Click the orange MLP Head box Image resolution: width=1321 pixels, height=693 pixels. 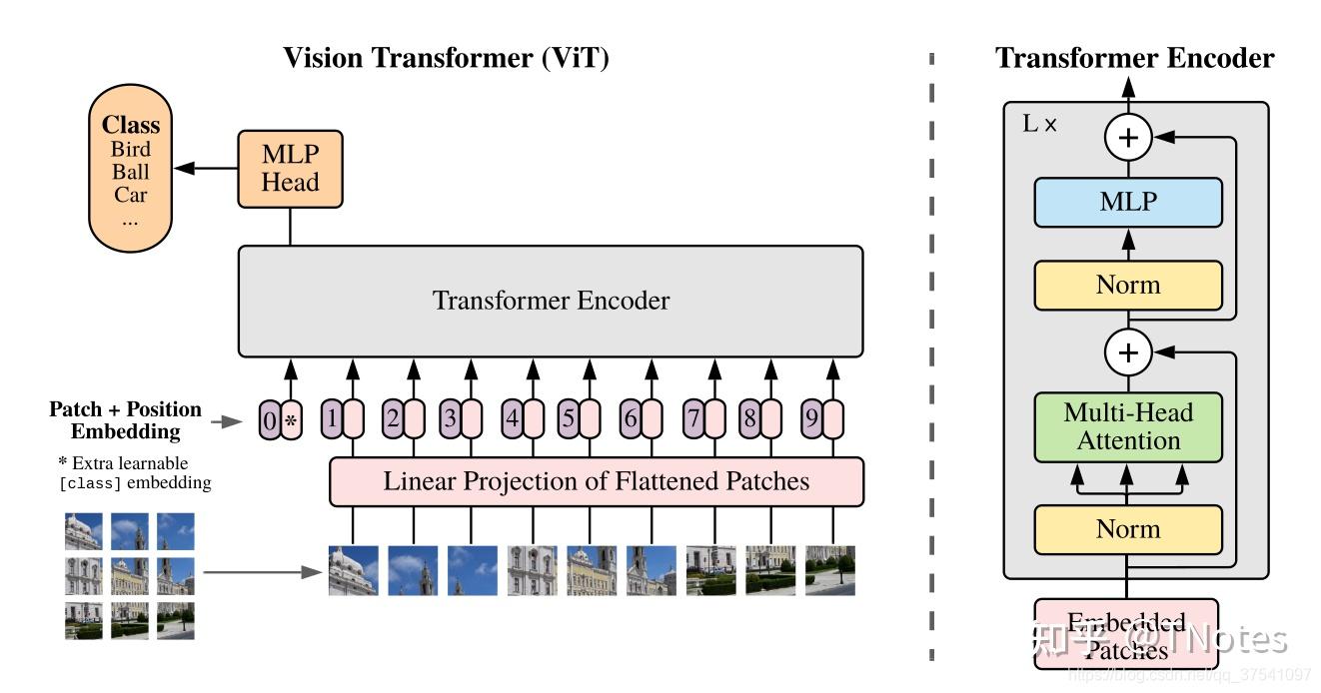coord(290,169)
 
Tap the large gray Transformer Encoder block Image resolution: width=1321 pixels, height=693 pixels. coord(550,301)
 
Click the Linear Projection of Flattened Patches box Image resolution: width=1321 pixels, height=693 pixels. coord(596,482)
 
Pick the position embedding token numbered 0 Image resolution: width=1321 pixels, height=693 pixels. coord(269,420)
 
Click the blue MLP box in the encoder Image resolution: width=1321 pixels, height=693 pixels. coord(1128,203)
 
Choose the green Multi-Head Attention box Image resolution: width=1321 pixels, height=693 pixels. coord(1128,426)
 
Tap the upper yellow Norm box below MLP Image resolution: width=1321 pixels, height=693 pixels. coord(1128,286)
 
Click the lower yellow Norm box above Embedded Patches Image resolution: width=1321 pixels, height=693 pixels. coord(1128,529)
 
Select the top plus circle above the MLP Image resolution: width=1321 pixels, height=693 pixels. coord(1128,139)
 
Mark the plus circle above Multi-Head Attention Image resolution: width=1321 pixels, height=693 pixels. coord(1128,351)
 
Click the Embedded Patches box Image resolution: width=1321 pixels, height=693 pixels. coord(1126,636)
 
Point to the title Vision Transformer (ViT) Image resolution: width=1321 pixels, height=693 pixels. coord(446,58)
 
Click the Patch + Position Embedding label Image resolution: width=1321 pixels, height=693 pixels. coord(125,420)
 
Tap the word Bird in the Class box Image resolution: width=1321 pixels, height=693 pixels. coord(131,150)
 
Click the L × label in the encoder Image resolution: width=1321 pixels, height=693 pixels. coord(1039,125)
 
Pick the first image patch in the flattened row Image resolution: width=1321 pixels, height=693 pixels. coord(354,570)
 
